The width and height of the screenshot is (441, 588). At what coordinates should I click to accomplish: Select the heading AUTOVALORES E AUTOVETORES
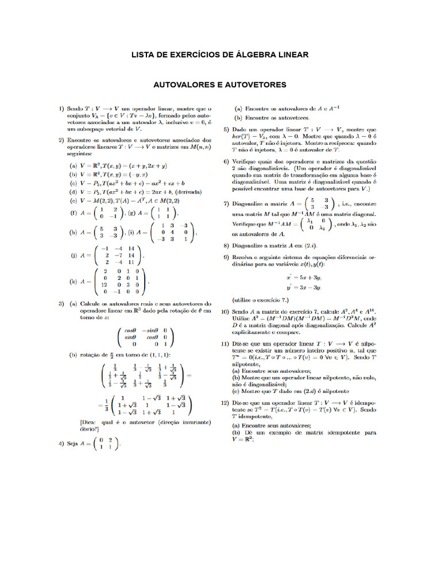pyautogui.click(x=219, y=84)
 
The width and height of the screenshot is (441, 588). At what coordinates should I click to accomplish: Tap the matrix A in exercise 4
pyautogui.click(x=107, y=444)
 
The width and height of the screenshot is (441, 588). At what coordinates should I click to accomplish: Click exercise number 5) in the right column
pyautogui.click(x=226, y=130)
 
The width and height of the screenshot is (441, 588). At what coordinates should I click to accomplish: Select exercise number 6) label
pyautogui.click(x=226, y=162)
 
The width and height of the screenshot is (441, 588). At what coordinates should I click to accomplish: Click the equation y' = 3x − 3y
pyautogui.click(x=304, y=287)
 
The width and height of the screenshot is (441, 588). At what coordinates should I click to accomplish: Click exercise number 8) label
pyautogui.click(x=226, y=244)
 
